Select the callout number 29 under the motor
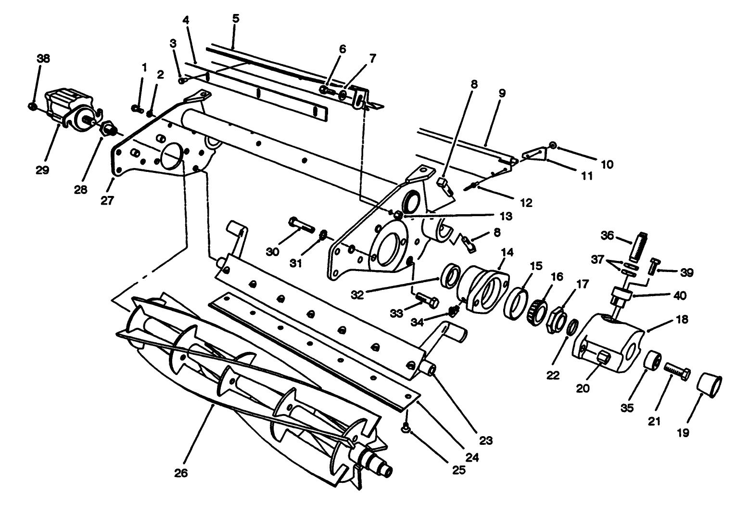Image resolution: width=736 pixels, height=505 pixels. tap(42, 170)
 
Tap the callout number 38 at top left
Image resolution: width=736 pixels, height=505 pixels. tap(43, 59)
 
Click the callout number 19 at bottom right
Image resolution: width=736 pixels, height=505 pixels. tap(683, 433)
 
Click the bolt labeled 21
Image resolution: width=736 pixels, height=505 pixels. tap(678, 370)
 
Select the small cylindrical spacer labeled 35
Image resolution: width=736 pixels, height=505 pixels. tap(653, 360)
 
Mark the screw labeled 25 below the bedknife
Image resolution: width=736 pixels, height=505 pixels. tap(406, 427)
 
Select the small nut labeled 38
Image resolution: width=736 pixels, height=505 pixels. tap(32, 105)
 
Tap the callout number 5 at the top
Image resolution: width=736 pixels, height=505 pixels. tap(235, 19)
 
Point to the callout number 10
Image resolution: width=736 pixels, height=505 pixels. tap(607, 164)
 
